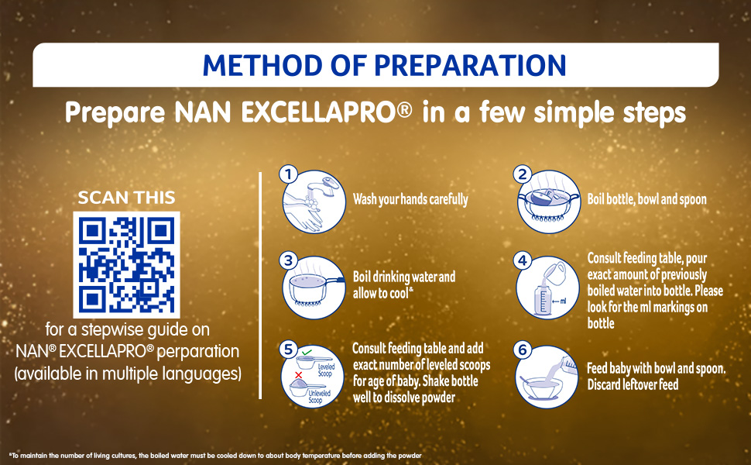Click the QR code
[x=126, y=264]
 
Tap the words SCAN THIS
[x=126, y=198]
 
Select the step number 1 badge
[x=288, y=174]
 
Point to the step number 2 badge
[x=522, y=174]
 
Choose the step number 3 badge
[x=288, y=260]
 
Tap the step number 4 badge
[x=522, y=260]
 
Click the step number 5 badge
[x=288, y=350]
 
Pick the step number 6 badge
[x=522, y=350]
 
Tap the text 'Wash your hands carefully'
[x=410, y=199]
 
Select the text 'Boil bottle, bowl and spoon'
[x=647, y=199]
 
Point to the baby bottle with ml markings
[x=542, y=300]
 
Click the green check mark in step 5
[x=307, y=353]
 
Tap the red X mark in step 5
[x=298, y=375]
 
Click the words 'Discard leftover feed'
[x=633, y=384]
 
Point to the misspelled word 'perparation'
[x=197, y=351]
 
